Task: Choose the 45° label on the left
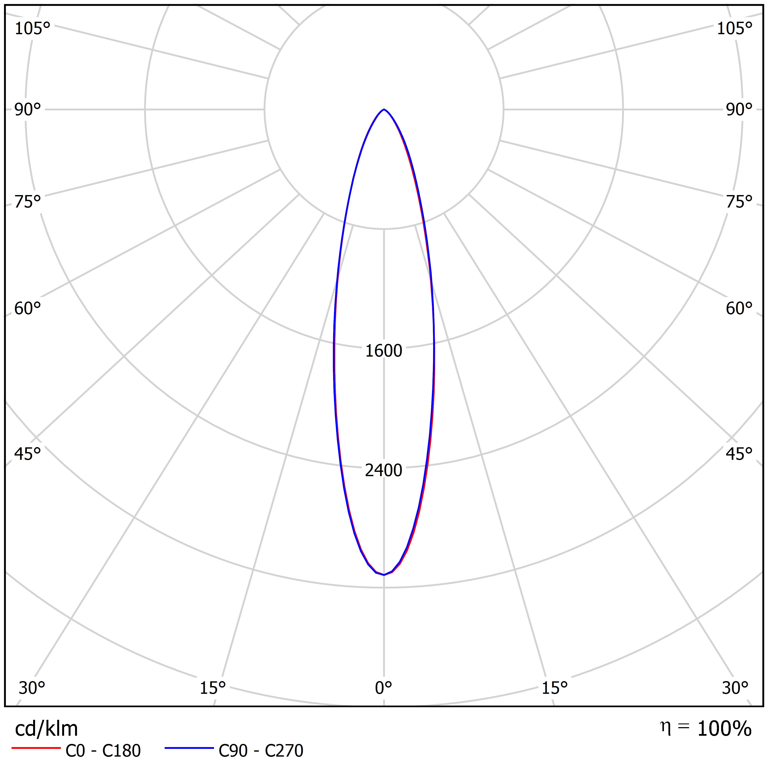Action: pyautogui.click(x=28, y=454)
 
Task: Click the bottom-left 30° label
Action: pyautogui.click(x=32, y=688)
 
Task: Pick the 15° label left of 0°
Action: pyautogui.click(x=213, y=688)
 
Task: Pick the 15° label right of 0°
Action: pyautogui.click(x=554, y=688)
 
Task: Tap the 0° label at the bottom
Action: pyautogui.click(x=384, y=688)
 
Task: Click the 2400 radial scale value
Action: pyautogui.click(x=384, y=470)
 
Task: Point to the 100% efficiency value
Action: pyautogui.click(x=724, y=729)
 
